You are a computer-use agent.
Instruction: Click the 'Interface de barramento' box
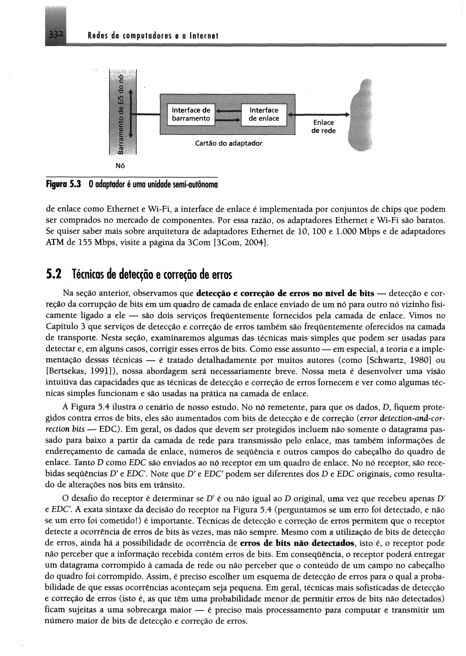pos(191,114)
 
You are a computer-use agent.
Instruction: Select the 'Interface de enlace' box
pos(264,114)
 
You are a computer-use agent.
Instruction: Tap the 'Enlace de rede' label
pos(323,126)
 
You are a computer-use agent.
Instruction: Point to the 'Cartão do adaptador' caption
pos(228,143)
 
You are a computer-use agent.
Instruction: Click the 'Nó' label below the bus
pos(120,166)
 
